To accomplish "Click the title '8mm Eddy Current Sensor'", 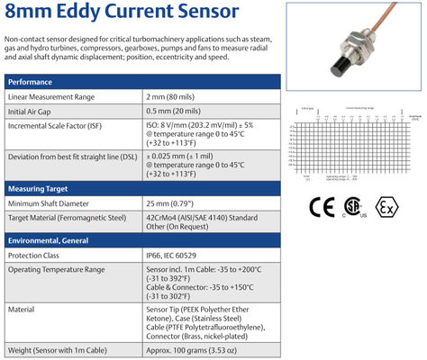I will [123, 13].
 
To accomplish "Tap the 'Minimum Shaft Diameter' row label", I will [53, 203].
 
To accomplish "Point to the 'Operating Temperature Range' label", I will [62, 271].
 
